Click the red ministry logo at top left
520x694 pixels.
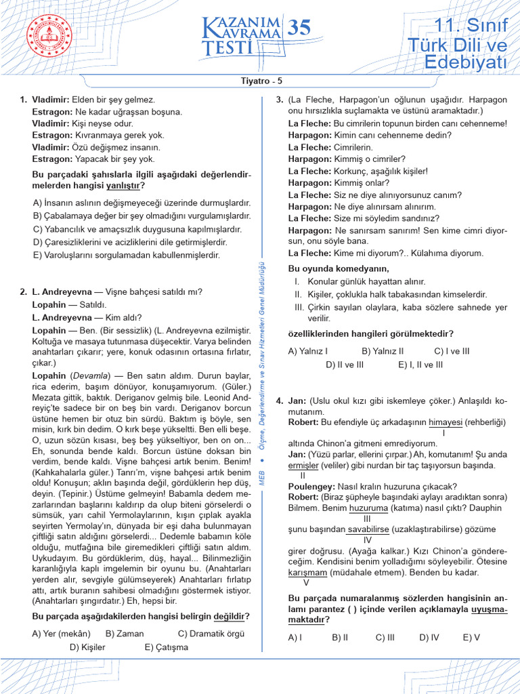point(49,39)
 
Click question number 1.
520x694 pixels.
point(24,100)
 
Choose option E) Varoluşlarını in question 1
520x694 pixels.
point(126,255)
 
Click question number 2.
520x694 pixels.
point(24,292)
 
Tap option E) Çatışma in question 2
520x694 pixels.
point(166,647)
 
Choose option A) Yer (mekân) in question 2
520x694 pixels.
point(61,634)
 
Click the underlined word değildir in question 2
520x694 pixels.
point(229,617)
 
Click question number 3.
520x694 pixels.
point(279,100)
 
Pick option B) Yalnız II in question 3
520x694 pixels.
point(383,351)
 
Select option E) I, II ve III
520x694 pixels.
point(420,364)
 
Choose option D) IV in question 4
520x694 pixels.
point(429,637)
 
